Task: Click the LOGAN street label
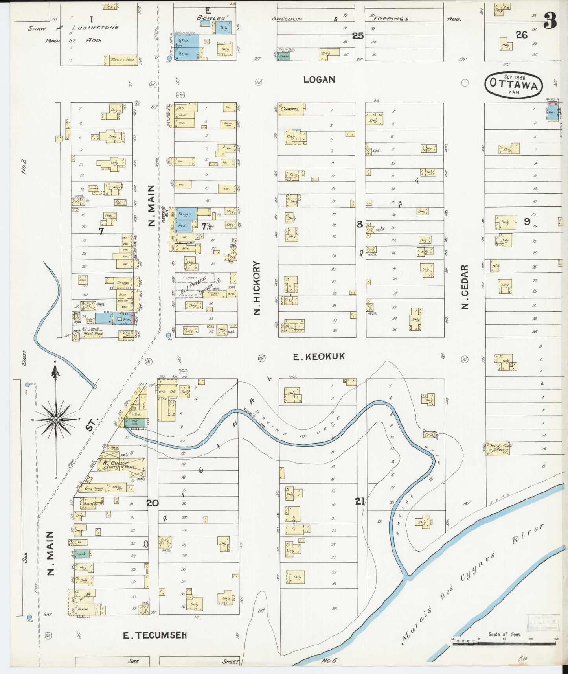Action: coord(319,79)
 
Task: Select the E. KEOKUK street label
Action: coord(319,356)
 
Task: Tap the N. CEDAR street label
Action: coord(465,287)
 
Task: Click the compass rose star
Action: coord(56,420)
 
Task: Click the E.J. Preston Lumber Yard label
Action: coord(195,285)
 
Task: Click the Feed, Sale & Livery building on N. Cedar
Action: coord(498,448)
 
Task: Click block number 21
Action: coord(359,501)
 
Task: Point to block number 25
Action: coord(358,36)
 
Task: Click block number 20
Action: coord(153,503)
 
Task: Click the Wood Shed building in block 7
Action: coord(93,333)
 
